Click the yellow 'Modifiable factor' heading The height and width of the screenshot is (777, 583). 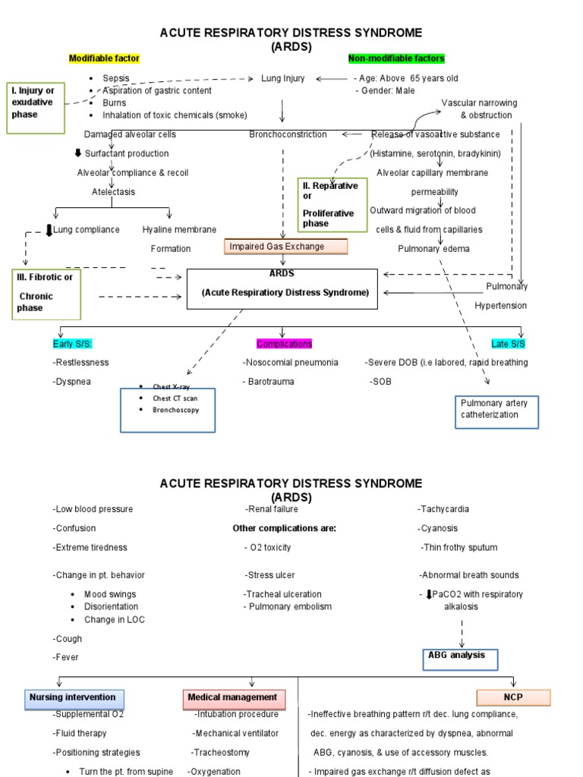(x=104, y=58)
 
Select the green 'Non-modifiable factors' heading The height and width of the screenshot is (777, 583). (x=396, y=58)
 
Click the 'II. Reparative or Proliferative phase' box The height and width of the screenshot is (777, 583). (x=329, y=204)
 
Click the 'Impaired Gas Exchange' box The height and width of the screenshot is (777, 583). (x=285, y=247)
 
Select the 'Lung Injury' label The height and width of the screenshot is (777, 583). (x=283, y=78)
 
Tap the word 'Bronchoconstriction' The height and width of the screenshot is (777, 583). (x=288, y=134)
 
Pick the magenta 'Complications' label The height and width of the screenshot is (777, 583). (x=285, y=344)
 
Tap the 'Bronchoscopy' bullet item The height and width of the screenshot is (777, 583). (x=177, y=410)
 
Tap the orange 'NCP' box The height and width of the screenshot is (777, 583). (x=513, y=697)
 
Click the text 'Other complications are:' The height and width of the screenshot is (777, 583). (x=284, y=528)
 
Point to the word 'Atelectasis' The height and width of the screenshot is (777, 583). (x=114, y=192)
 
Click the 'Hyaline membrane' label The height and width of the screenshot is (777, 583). (x=179, y=230)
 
